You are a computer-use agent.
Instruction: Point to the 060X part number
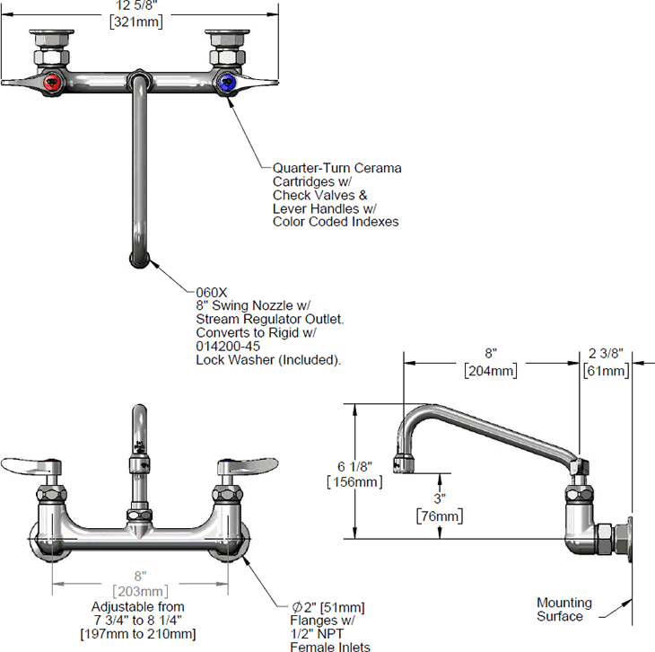tap(212, 292)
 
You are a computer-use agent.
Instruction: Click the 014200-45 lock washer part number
tap(229, 346)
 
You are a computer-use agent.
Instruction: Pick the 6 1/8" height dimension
tap(368, 466)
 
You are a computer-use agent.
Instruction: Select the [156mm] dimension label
tap(368, 482)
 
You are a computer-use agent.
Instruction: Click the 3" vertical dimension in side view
tap(440, 498)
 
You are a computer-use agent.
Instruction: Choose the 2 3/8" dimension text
tap(606, 354)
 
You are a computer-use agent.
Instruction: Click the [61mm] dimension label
tap(606, 369)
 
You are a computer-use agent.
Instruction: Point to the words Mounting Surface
tap(564, 609)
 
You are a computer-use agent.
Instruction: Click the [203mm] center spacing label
tap(141, 590)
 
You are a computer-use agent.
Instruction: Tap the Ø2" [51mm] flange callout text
tap(324, 607)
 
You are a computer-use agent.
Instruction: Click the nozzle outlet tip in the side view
tap(409, 463)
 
